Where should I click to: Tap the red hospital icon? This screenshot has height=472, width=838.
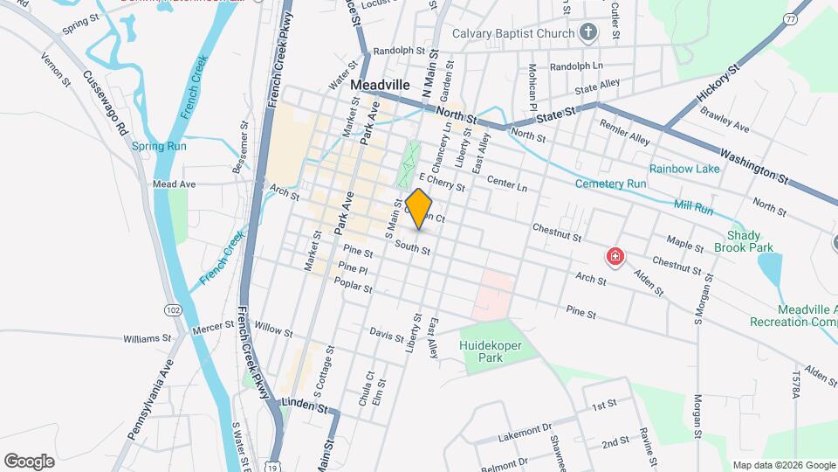point(615,257)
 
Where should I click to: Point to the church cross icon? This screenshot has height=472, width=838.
point(589,34)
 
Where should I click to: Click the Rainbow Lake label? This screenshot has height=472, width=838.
point(683,169)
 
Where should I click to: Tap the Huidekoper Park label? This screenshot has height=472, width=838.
point(493,351)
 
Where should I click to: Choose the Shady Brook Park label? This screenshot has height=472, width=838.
point(749,241)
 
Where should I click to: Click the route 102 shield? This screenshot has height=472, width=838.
point(172,309)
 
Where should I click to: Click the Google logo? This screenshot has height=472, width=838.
point(29,461)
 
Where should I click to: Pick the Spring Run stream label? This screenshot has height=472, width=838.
point(159,146)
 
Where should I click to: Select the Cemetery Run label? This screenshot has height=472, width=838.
point(610,184)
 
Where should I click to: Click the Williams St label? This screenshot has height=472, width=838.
point(148,337)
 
